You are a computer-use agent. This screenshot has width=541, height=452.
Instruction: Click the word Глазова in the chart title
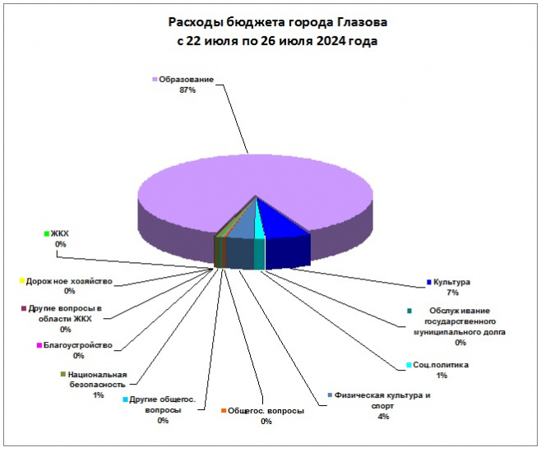(361, 22)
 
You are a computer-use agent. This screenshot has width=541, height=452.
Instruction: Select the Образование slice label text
(187, 80)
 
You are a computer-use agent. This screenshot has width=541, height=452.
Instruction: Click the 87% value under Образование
(187, 90)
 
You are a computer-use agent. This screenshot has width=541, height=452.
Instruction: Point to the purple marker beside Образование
(155, 80)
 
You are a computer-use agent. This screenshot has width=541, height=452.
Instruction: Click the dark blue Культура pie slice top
(281, 220)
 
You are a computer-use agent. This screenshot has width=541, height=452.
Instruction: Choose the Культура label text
(451, 282)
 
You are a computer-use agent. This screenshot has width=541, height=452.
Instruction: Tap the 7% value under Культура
(453, 293)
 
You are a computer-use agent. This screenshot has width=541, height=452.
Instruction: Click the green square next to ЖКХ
(47, 233)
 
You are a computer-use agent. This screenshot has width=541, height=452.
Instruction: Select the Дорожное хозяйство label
(69, 281)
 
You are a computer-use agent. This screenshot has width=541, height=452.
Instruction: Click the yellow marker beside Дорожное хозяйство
(22, 281)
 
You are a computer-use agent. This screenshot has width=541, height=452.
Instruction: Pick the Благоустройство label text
(78, 345)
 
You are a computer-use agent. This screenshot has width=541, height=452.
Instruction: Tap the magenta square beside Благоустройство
(39, 345)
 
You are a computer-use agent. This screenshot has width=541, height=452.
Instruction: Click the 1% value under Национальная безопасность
(99, 395)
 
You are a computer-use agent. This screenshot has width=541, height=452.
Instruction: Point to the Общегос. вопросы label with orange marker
(266, 411)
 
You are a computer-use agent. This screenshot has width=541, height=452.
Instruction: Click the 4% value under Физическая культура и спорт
(383, 417)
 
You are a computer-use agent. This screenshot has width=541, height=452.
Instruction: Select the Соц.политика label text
(441, 365)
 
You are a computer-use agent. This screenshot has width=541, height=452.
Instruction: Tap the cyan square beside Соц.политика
(409, 365)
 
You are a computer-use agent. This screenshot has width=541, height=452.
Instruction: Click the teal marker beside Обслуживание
(409, 311)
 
